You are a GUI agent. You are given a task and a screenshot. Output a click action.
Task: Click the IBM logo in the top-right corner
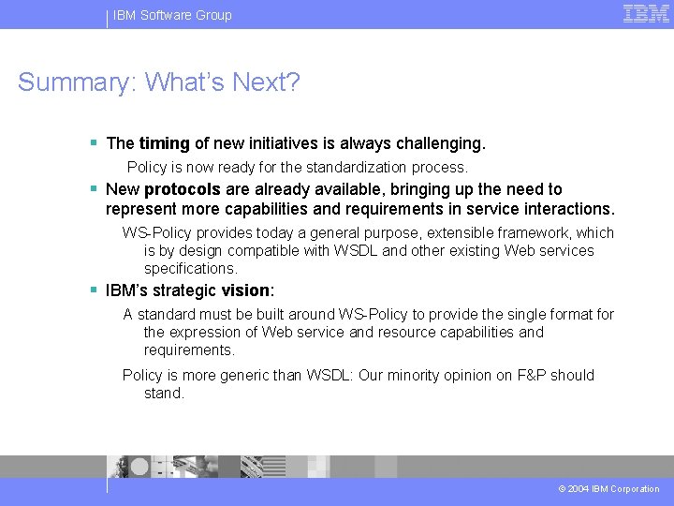[x=646, y=13]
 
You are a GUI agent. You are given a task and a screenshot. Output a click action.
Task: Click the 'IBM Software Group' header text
[x=172, y=15]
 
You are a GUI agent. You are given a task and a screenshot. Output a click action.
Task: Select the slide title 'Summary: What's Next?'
[x=159, y=82]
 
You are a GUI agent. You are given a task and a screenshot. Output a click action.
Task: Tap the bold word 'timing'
[x=164, y=143]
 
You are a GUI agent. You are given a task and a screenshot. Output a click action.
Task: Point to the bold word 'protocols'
[x=183, y=189]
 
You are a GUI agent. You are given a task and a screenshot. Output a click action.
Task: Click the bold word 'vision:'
[x=248, y=290]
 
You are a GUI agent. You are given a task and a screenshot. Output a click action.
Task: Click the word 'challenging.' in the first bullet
[x=440, y=143]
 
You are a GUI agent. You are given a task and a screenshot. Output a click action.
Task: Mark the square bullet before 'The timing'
[x=94, y=143]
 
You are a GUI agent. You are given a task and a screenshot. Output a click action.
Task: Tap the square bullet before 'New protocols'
[x=94, y=188]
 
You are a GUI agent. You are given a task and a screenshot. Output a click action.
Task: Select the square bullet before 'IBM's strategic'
[x=94, y=290]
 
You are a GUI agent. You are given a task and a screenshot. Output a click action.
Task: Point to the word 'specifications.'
[x=191, y=269]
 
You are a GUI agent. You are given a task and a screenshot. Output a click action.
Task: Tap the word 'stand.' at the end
[x=165, y=394]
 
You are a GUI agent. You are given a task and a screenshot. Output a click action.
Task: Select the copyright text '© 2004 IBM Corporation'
[x=608, y=489]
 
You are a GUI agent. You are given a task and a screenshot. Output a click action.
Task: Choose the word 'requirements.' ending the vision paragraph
[x=189, y=350]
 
